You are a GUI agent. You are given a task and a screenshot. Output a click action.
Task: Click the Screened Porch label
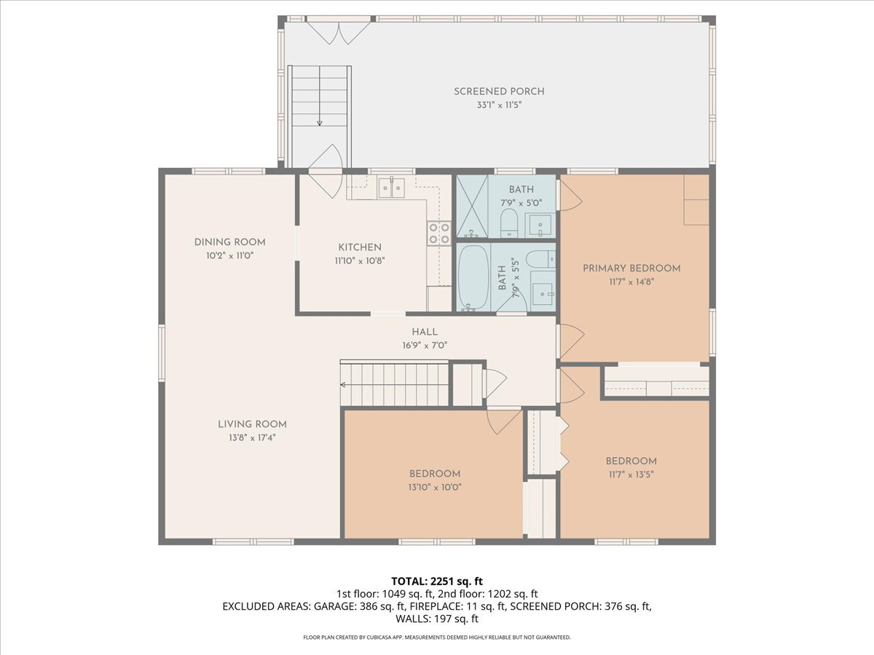point(499,92)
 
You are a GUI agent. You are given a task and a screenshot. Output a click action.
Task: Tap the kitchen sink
point(392,188)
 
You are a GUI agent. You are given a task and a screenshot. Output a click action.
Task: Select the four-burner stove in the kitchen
point(438,232)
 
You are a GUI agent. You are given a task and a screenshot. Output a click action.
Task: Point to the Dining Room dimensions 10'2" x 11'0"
point(229,255)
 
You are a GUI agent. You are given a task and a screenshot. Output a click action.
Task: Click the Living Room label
point(252,424)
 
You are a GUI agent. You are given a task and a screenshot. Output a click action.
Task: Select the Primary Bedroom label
point(631,269)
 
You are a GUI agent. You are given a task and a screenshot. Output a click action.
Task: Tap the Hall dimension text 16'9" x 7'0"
point(424,345)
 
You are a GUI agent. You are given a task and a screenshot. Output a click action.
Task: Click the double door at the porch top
point(337,31)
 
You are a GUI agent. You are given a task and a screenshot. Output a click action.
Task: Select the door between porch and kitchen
point(325,175)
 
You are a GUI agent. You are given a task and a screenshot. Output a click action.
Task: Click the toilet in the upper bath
point(508,221)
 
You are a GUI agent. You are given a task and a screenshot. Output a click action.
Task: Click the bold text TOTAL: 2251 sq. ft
point(437,581)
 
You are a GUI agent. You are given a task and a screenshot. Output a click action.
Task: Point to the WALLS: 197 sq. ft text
point(437,619)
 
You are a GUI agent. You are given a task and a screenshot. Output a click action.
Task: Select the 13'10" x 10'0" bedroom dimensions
point(434,488)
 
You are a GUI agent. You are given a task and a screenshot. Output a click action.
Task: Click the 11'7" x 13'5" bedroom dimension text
point(631,475)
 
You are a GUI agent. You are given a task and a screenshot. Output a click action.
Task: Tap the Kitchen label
point(359,247)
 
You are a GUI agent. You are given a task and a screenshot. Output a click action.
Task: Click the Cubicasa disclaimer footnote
point(437,638)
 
